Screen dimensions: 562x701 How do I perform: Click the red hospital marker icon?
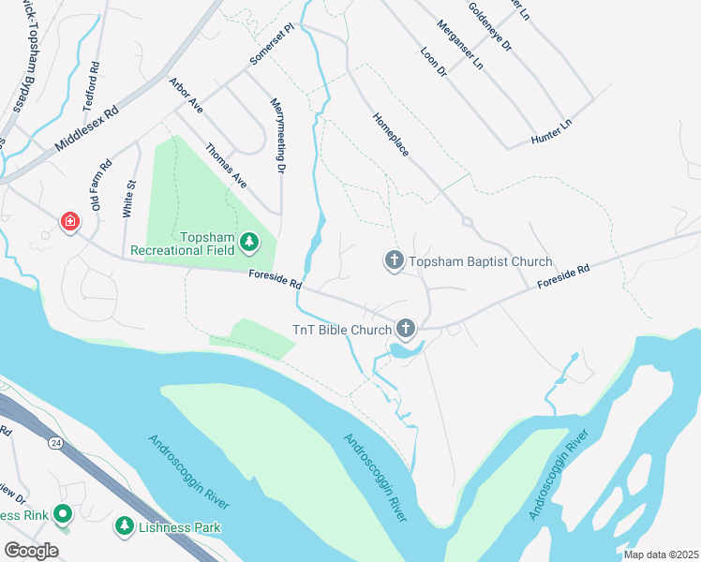[69, 222]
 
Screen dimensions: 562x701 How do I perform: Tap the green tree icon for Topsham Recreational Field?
[248, 243]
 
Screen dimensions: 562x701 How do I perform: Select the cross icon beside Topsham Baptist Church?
[395, 261]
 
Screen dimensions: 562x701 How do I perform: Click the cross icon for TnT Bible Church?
[405, 328]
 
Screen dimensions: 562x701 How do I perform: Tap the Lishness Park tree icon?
[124, 527]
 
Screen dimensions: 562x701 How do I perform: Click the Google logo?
[31, 551]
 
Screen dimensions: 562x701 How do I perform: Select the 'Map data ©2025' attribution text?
[661, 555]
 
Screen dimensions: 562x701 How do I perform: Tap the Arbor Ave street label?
[186, 96]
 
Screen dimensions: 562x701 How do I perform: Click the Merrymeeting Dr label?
[277, 136]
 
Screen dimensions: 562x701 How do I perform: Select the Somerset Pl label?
[272, 45]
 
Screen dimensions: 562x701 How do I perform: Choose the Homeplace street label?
[391, 134]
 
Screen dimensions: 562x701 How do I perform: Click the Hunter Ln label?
[551, 132]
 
